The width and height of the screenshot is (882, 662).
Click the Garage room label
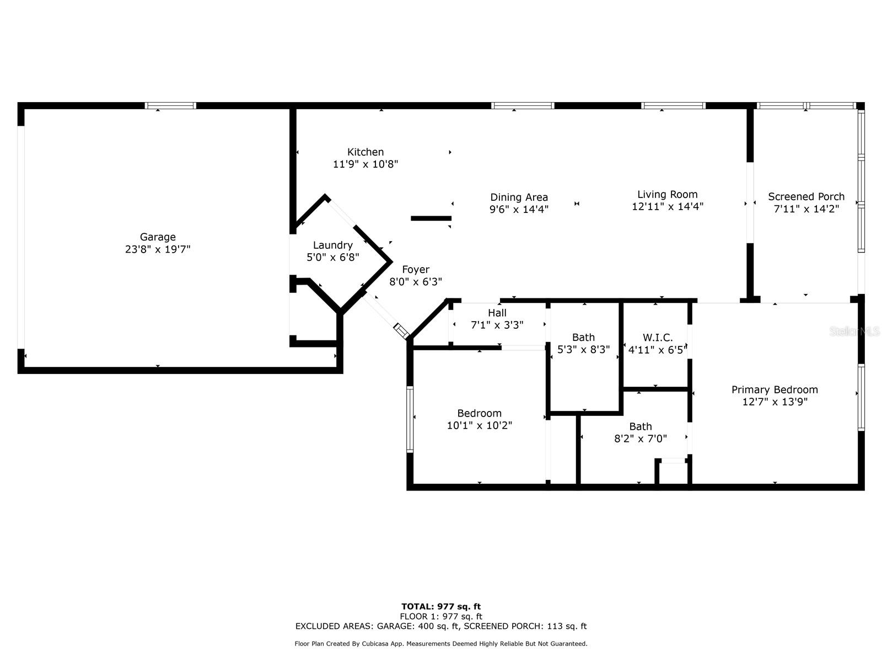[x=158, y=237]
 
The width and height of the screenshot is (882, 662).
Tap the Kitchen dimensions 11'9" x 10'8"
[x=365, y=164]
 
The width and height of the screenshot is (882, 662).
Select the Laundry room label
[x=332, y=245]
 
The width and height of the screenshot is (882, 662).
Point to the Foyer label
[x=415, y=270]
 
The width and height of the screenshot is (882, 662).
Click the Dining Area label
[x=519, y=197]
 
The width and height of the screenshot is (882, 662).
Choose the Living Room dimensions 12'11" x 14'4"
[x=667, y=207]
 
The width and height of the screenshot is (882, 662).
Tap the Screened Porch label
[x=806, y=197]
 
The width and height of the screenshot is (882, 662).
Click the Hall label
[x=497, y=313]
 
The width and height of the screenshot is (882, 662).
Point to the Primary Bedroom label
[x=775, y=390]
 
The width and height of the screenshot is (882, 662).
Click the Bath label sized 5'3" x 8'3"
[x=583, y=338]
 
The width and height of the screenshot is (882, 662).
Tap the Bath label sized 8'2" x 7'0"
[x=640, y=426]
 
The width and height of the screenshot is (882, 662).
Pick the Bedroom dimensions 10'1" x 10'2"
[x=479, y=426]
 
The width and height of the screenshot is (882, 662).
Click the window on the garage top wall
[x=170, y=106]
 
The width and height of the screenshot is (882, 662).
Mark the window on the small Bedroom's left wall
[x=410, y=419]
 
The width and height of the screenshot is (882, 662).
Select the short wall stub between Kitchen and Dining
[x=431, y=218]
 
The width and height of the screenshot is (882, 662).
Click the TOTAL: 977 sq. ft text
[x=440, y=607]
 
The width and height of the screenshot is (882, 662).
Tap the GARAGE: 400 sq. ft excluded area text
[x=418, y=626]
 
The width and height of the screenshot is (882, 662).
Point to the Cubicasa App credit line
[x=440, y=644]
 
